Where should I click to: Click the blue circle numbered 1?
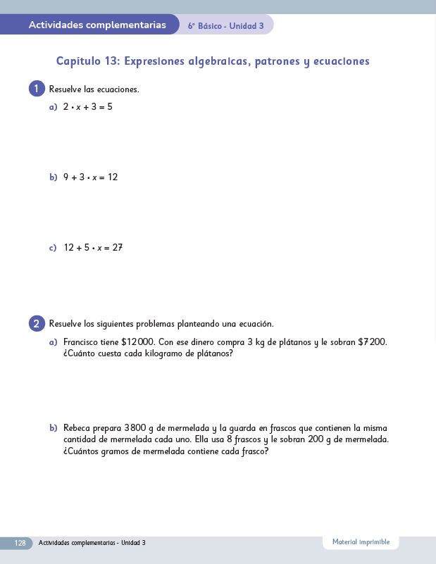tap(37, 89)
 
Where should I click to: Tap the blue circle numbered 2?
tap(37, 324)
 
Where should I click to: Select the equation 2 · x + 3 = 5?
tap(87, 107)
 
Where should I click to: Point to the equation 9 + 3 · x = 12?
tap(90, 177)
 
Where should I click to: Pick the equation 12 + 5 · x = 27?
tap(93, 248)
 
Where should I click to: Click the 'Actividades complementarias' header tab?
tap(97, 25)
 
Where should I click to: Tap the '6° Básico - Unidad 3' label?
tap(225, 26)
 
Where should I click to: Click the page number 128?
tap(20, 543)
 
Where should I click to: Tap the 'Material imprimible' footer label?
tap(361, 542)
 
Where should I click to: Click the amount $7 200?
tap(373, 342)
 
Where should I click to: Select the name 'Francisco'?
tap(81, 342)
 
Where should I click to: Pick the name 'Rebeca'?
tap(77, 427)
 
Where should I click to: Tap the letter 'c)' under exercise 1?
tap(53, 248)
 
